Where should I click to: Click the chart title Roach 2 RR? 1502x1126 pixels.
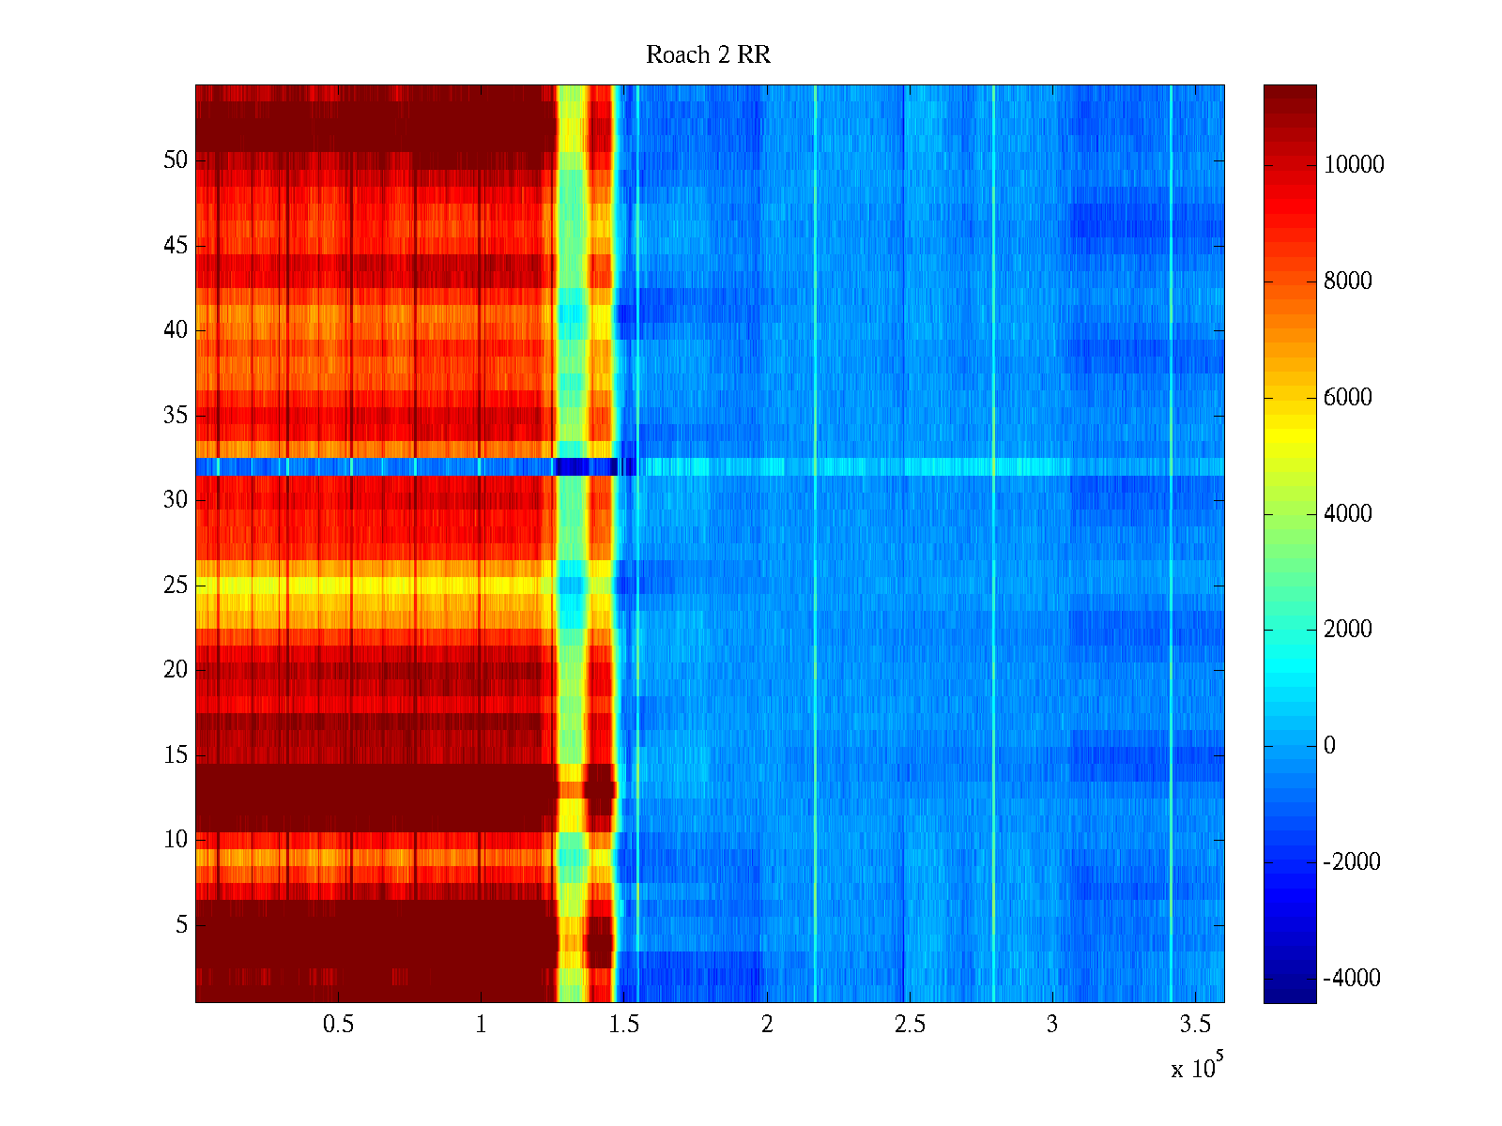click(708, 55)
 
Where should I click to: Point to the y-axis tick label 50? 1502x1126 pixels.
click(176, 160)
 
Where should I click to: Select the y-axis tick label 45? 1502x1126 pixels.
click(176, 246)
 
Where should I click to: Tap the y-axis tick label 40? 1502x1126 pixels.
click(176, 330)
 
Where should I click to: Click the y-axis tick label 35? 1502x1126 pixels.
click(176, 416)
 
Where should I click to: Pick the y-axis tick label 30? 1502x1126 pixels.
click(176, 500)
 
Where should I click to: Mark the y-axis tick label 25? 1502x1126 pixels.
click(176, 586)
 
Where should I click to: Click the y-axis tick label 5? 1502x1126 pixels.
click(181, 925)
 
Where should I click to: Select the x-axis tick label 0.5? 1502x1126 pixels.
click(338, 1025)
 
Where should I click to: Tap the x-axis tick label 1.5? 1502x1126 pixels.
click(624, 1025)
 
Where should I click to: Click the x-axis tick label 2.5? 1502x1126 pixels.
click(910, 1025)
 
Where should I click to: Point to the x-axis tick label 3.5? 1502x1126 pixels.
click(1195, 1025)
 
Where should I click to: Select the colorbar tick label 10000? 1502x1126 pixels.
click(1354, 165)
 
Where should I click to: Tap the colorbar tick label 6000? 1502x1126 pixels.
click(1348, 398)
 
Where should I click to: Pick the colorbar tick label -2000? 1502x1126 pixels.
click(1352, 862)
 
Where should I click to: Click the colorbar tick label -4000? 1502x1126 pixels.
click(1352, 979)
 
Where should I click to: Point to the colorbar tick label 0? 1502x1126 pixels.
click(1329, 746)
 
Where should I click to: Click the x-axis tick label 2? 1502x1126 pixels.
click(767, 1025)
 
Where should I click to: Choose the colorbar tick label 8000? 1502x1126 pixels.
click(1348, 281)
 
